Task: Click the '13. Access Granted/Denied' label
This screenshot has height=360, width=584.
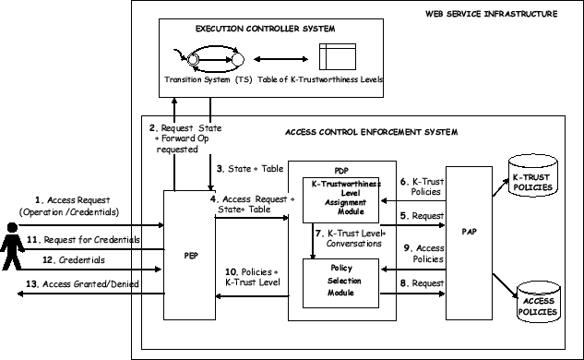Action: pos(81,284)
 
